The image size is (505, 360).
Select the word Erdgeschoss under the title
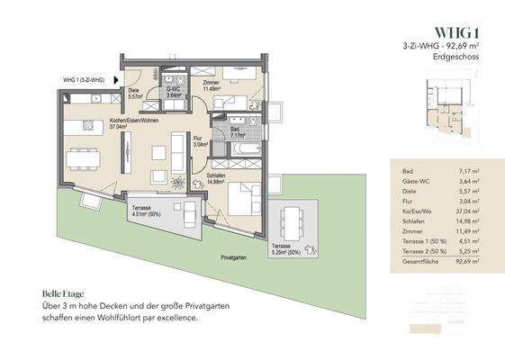coord(456,56)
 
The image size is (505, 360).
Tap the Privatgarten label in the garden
coord(233,257)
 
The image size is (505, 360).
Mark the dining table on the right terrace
coord(291,220)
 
